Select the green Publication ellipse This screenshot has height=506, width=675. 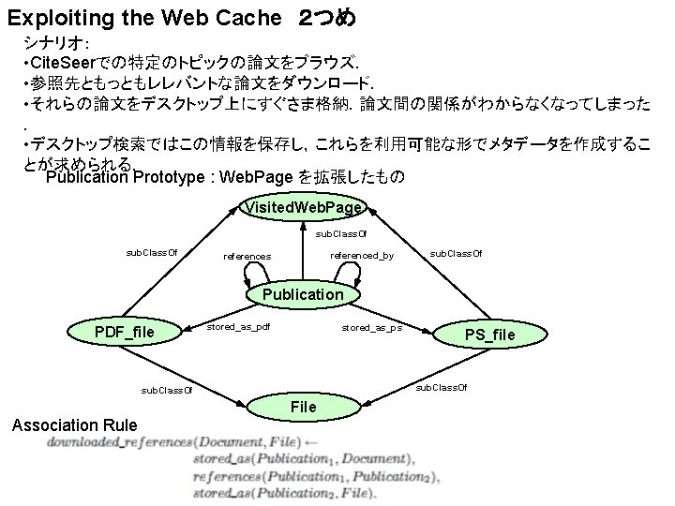tap(303, 294)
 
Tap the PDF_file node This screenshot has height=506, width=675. tap(125, 332)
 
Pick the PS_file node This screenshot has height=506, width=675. tap(490, 335)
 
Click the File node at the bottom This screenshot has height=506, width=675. tap(304, 407)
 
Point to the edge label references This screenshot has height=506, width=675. tap(247, 256)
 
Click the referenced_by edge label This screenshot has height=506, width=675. tap(362, 255)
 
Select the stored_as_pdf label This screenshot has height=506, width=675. tap(238, 327)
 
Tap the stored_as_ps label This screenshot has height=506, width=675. tap(371, 328)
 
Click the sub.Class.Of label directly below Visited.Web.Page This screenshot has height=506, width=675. tap(341, 233)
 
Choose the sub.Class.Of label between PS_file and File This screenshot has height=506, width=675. tap(441, 386)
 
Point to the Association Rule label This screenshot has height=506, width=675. tap(74, 424)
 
